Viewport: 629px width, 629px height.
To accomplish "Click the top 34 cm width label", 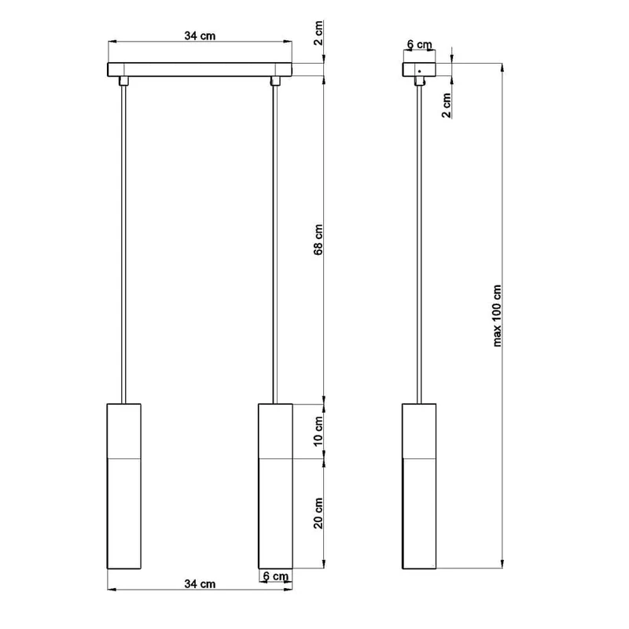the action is pos(200,35).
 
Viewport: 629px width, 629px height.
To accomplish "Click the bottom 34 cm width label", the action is pos(200,584).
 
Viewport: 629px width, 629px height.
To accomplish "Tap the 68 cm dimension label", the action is pos(318,240).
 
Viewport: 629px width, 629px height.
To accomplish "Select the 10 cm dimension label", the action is pos(318,431).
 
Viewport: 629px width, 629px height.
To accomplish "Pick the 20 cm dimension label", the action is pos(318,513).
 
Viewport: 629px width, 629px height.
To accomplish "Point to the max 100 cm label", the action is pos(497,316).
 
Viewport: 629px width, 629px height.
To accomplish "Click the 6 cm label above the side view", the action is pos(420,45).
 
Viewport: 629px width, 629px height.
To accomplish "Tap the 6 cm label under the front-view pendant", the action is pos(276,576).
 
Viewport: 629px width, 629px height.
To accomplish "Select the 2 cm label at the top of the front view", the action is pos(318,33).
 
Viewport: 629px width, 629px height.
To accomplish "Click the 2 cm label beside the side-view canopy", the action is pos(447,105).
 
